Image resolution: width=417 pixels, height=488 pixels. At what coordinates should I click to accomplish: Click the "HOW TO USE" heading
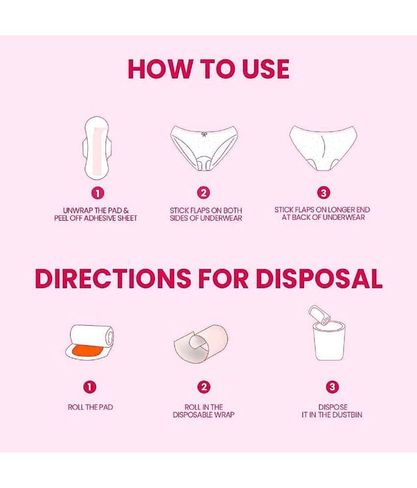pyautogui.click(x=208, y=68)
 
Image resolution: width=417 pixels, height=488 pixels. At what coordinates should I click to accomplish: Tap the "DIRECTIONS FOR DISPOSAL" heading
pyautogui.click(x=208, y=278)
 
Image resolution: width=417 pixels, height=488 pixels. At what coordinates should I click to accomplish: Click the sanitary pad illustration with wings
pyautogui.click(x=98, y=148)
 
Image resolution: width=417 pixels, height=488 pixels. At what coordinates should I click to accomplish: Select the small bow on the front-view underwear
pyautogui.click(x=204, y=134)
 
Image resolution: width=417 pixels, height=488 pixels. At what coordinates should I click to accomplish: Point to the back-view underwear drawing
pyautogui.click(x=323, y=148)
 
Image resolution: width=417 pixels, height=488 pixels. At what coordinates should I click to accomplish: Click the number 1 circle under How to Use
pyautogui.click(x=98, y=193)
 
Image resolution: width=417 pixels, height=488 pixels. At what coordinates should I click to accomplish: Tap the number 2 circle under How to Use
pyautogui.click(x=203, y=193)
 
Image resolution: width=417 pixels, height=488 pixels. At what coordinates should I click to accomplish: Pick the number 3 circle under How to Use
pyautogui.click(x=323, y=193)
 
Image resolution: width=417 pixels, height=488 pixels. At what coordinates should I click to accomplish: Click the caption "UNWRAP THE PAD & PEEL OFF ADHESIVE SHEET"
pyautogui.click(x=96, y=215)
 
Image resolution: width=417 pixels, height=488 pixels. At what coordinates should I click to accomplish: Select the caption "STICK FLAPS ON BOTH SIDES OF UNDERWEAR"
pyautogui.click(x=206, y=215)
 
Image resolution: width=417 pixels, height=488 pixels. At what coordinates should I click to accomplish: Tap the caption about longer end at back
pyautogui.click(x=322, y=213)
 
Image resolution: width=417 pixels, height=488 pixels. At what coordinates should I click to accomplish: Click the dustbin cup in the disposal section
pyautogui.click(x=330, y=342)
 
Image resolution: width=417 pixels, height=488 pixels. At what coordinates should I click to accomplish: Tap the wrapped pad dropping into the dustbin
pyautogui.click(x=319, y=315)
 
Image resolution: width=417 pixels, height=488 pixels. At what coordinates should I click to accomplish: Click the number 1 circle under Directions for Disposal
pyautogui.click(x=90, y=387)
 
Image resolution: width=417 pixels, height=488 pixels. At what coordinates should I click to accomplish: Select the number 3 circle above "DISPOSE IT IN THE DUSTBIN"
pyautogui.click(x=332, y=387)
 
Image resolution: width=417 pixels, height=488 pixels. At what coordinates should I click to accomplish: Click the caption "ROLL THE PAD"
pyautogui.click(x=90, y=407)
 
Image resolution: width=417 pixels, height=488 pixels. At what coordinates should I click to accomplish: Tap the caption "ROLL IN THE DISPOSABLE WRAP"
pyautogui.click(x=204, y=411)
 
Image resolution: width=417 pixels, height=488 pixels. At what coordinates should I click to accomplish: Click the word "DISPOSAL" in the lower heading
pyautogui.click(x=319, y=278)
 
